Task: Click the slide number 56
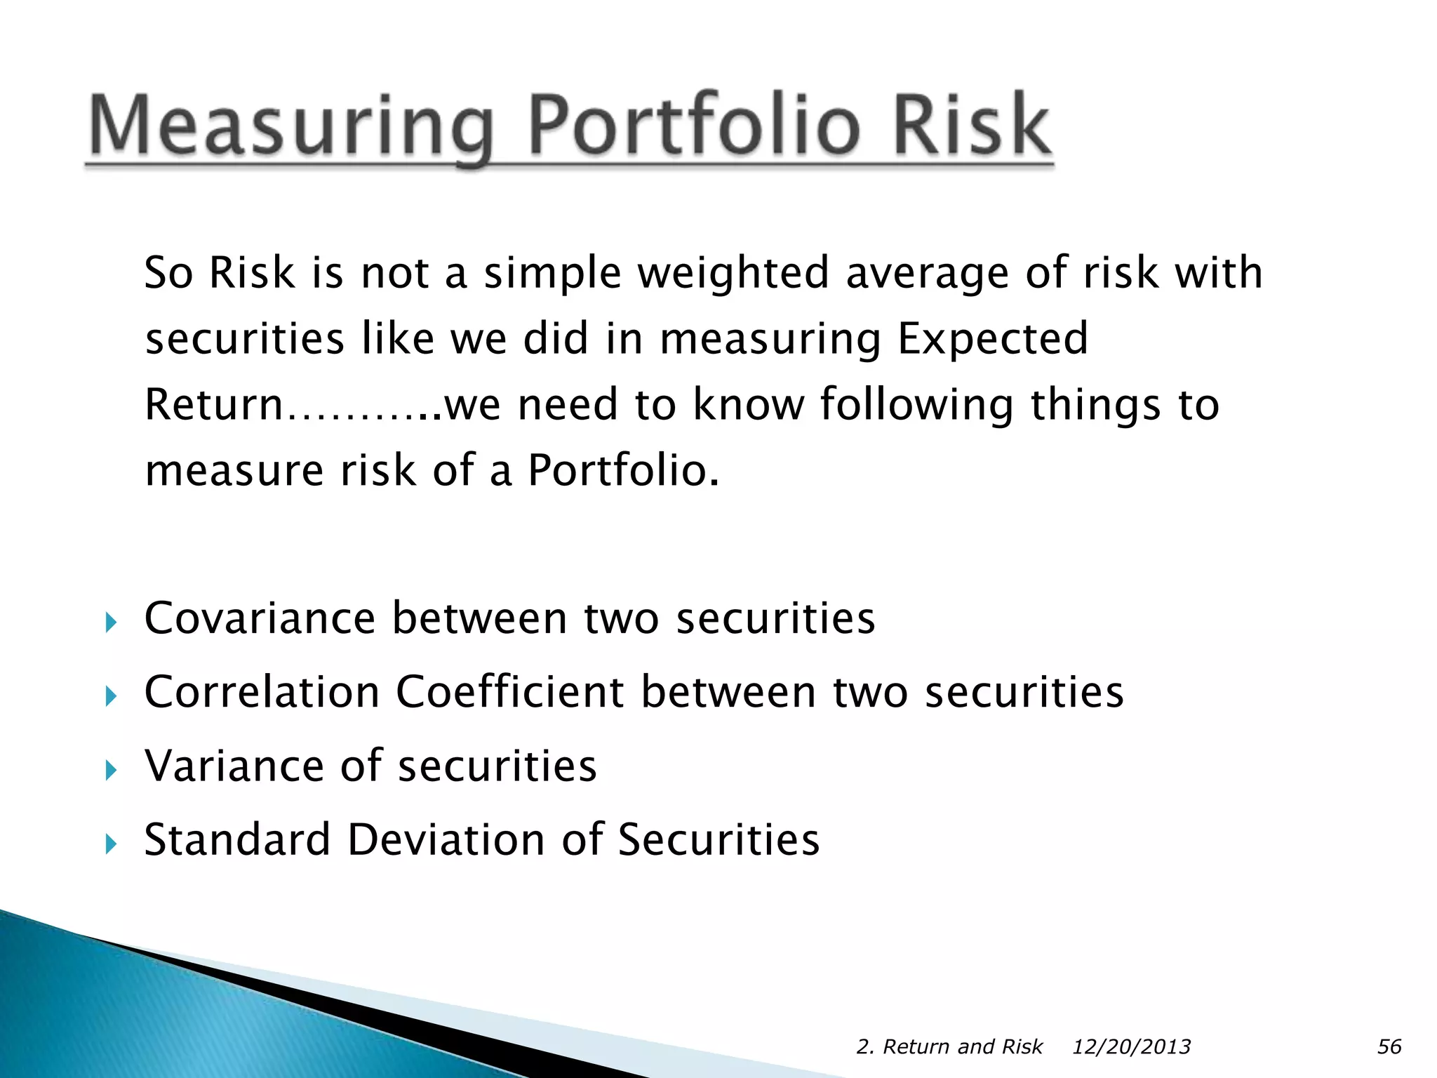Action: [x=1389, y=1046]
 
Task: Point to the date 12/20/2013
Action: [x=1131, y=1046]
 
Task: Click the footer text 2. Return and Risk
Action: [x=949, y=1046]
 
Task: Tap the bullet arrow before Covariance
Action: [x=110, y=622]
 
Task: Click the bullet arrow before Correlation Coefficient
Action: [x=110, y=696]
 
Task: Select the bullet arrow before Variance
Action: [x=110, y=771]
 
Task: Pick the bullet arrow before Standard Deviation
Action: [x=110, y=844]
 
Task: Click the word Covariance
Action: [x=260, y=618]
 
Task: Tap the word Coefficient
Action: [x=510, y=692]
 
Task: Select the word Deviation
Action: [x=446, y=839]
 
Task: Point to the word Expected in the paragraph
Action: [x=992, y=339]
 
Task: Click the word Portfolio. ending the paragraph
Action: [x=623, y=470]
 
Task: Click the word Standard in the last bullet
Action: [x=236, y=839]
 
